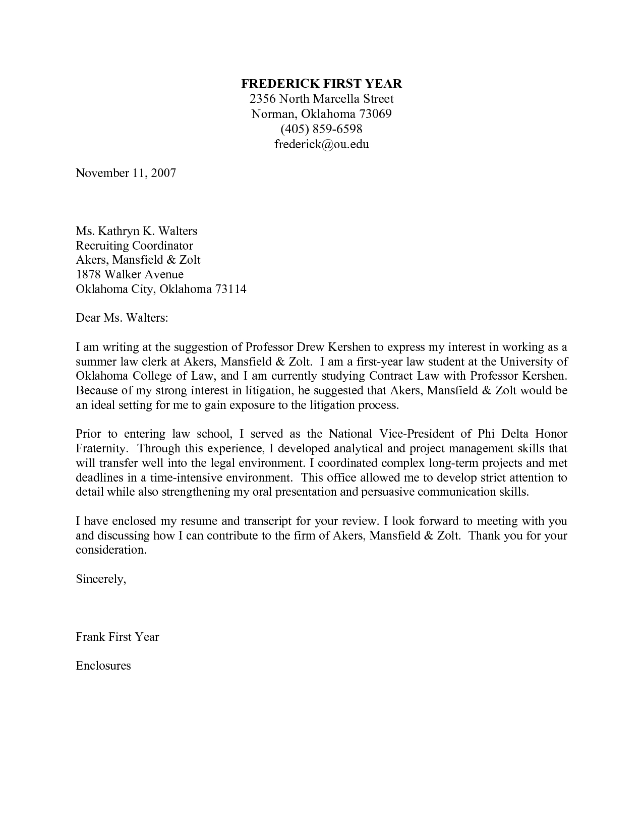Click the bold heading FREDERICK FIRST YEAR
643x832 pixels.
(321, 84)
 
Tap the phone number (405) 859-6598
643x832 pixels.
(321, 129)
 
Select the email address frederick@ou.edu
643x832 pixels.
(321, 144)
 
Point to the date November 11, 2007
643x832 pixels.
(126, 173)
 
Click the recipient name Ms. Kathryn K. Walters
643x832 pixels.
(136, 231)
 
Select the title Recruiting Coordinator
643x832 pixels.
(134, 246)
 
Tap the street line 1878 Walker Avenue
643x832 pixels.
(130, 274)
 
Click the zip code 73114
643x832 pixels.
(230, 289)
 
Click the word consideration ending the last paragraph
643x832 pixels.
(111, 550)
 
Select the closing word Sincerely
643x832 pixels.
(100, 579)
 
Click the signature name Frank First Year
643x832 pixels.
(117, 637)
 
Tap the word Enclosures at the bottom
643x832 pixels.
(103, 666)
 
